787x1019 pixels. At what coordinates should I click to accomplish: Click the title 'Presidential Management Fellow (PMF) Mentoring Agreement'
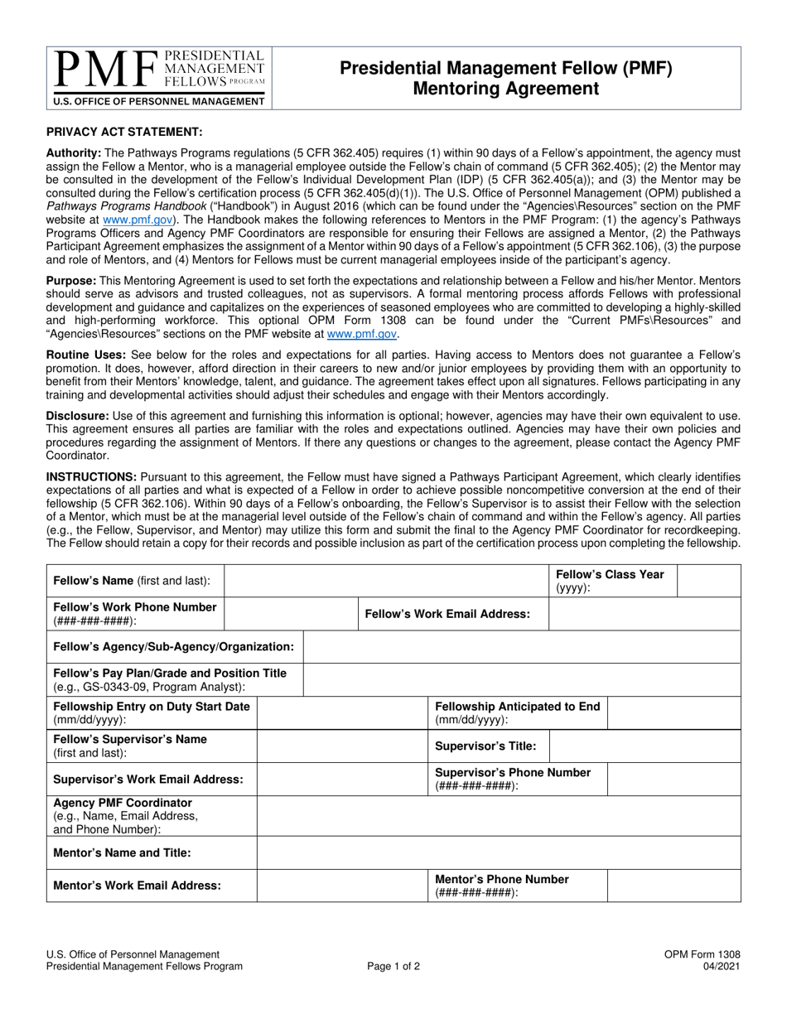tap(506, 78)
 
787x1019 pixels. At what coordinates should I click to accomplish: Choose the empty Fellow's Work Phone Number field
tap(291, 614)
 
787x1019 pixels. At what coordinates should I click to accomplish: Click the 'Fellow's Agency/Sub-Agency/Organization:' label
tap(173, 646)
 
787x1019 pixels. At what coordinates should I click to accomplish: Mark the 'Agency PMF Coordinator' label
tap(122, 803)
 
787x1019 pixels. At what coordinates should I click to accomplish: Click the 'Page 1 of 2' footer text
tap(393, 966)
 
